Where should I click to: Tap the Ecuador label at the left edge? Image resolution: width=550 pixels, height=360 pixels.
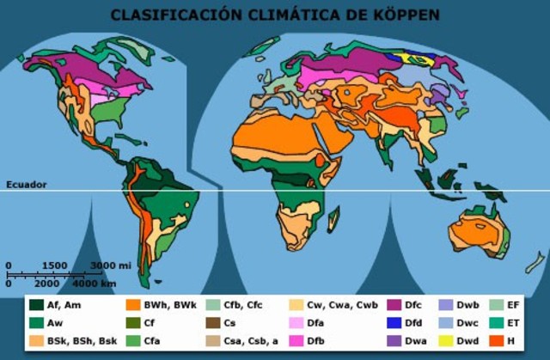(27, 185)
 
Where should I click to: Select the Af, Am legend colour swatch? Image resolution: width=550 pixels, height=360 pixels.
(36, 304)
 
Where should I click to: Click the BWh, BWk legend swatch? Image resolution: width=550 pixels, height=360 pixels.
(133, 304)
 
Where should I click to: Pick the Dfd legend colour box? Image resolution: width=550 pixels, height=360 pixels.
(394, 322)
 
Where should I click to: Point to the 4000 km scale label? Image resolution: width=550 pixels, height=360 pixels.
(94, 283)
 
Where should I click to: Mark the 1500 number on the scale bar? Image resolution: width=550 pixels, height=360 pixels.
(54, 265)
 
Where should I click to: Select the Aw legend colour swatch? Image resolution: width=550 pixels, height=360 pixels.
(36, 322)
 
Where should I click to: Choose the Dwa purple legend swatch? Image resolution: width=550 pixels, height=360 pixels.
(394, 340)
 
